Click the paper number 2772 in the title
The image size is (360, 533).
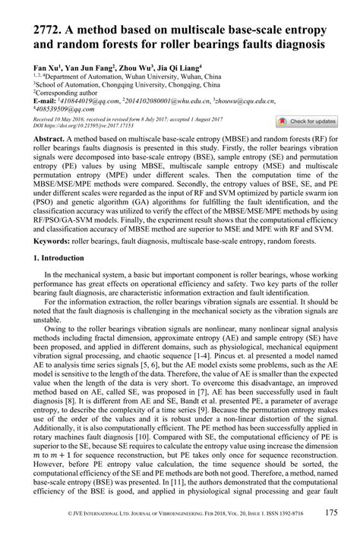click(39, 28)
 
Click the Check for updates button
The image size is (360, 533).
click(306, 121)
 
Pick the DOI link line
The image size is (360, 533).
click(73, 125)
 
